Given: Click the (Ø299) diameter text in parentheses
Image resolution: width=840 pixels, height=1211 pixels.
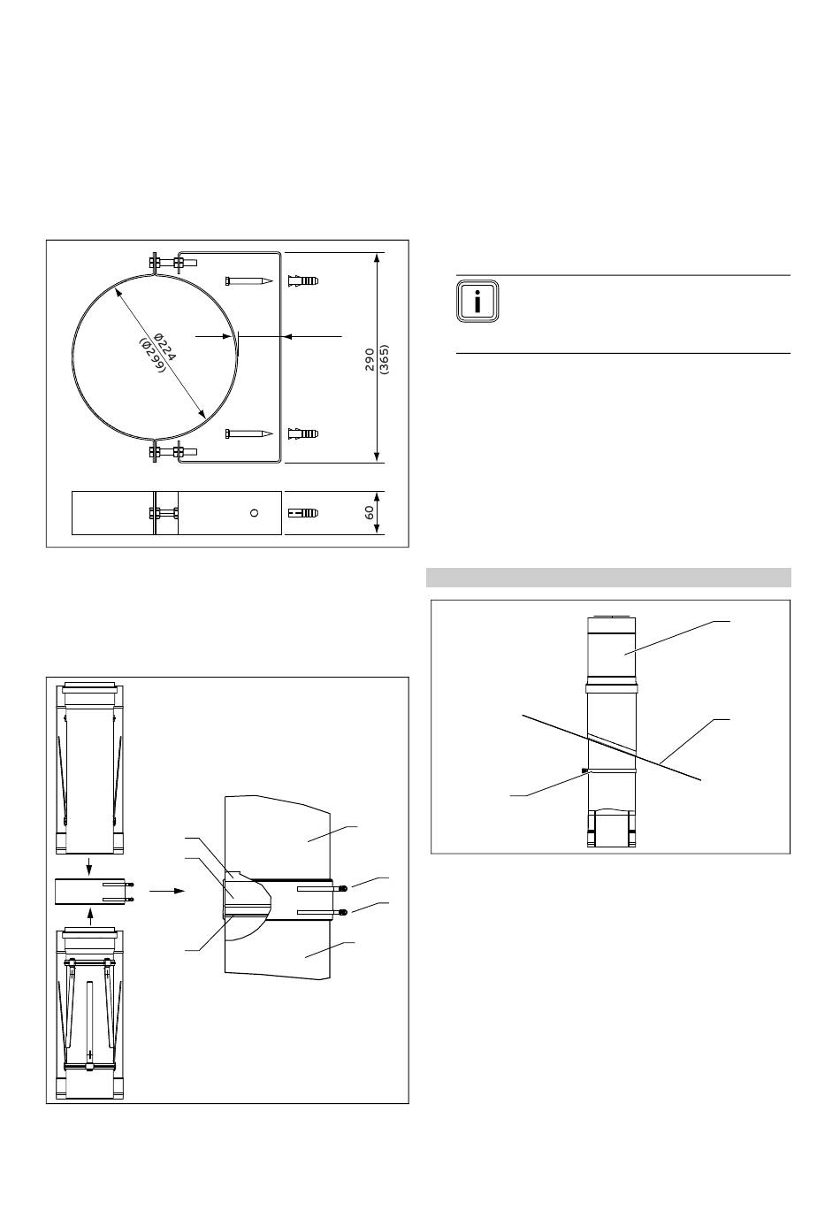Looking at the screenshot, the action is click(152, 356).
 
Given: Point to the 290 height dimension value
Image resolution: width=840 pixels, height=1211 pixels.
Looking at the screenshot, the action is click(370, 359).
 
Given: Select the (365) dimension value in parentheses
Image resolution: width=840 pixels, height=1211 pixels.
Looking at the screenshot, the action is click(385, 359).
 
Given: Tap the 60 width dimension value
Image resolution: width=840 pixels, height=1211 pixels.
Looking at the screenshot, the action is click(370, 512).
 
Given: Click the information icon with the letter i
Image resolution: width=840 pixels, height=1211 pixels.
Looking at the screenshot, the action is click(477, 301).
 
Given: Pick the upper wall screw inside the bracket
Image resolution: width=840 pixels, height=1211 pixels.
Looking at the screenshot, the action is click(248, 281).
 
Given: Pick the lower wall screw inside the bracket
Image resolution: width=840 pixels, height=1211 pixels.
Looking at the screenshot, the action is click(248, 433).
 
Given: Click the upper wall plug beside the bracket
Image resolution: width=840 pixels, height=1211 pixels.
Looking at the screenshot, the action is click(303, 281).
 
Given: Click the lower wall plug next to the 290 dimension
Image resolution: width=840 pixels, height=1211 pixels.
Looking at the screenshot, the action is click(303, 433).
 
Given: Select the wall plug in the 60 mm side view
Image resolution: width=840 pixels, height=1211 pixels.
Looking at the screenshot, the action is click(303, 513).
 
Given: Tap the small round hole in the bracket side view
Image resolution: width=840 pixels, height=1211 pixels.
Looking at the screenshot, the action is click(255, 513).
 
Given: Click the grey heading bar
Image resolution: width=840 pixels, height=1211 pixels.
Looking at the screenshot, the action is click(608, 578).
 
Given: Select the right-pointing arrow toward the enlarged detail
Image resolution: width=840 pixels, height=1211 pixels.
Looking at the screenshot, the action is click(167, 891).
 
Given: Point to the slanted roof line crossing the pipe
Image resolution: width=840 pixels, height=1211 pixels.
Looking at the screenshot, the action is click(612, 747).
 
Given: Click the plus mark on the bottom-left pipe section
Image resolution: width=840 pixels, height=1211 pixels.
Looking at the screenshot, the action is click(89, 1054).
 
